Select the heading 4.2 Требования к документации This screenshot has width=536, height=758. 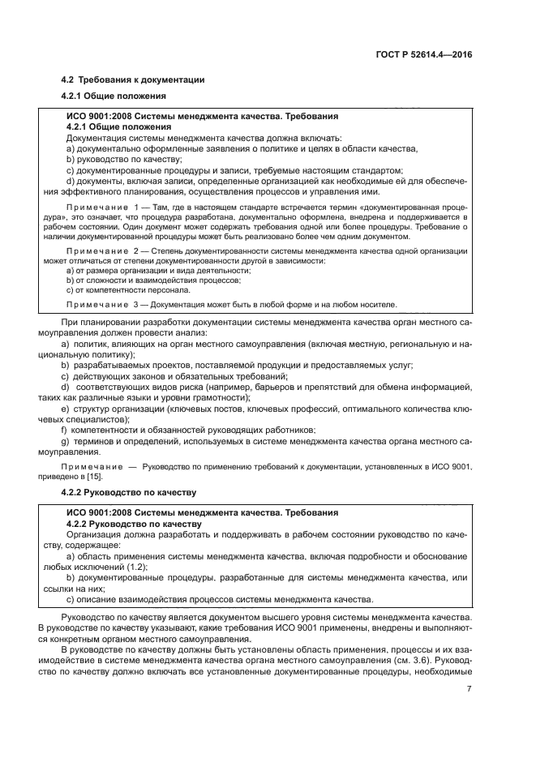(133, 79)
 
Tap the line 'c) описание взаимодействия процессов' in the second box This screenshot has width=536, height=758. (219, 599)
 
